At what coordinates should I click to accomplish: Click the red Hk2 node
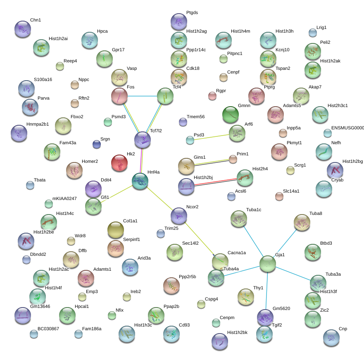point(119,163)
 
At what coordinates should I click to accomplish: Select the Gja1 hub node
point(268,264)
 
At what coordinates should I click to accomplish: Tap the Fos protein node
point(119,96)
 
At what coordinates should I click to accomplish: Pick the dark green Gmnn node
point(231,115)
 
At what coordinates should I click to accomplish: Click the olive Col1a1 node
point(116,230)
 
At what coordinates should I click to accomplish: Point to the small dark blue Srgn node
point(97,144)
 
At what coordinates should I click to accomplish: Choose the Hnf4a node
point(140,181)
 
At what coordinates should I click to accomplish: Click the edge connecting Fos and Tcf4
point(142,96)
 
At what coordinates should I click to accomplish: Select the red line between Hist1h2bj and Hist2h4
point(215,181)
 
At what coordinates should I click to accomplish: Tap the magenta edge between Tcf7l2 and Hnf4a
point(141,161)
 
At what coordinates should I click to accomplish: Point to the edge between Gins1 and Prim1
point(212,162)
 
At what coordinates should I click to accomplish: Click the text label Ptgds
point(192,12)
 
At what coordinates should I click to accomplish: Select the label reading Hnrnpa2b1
point(38,124)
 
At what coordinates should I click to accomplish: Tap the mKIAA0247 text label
point(64,198)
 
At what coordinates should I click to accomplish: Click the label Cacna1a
point(237,253)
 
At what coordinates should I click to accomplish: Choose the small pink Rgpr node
point(212,96)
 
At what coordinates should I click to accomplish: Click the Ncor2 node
point(179,216)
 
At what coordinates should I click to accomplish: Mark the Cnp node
point(331,338)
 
